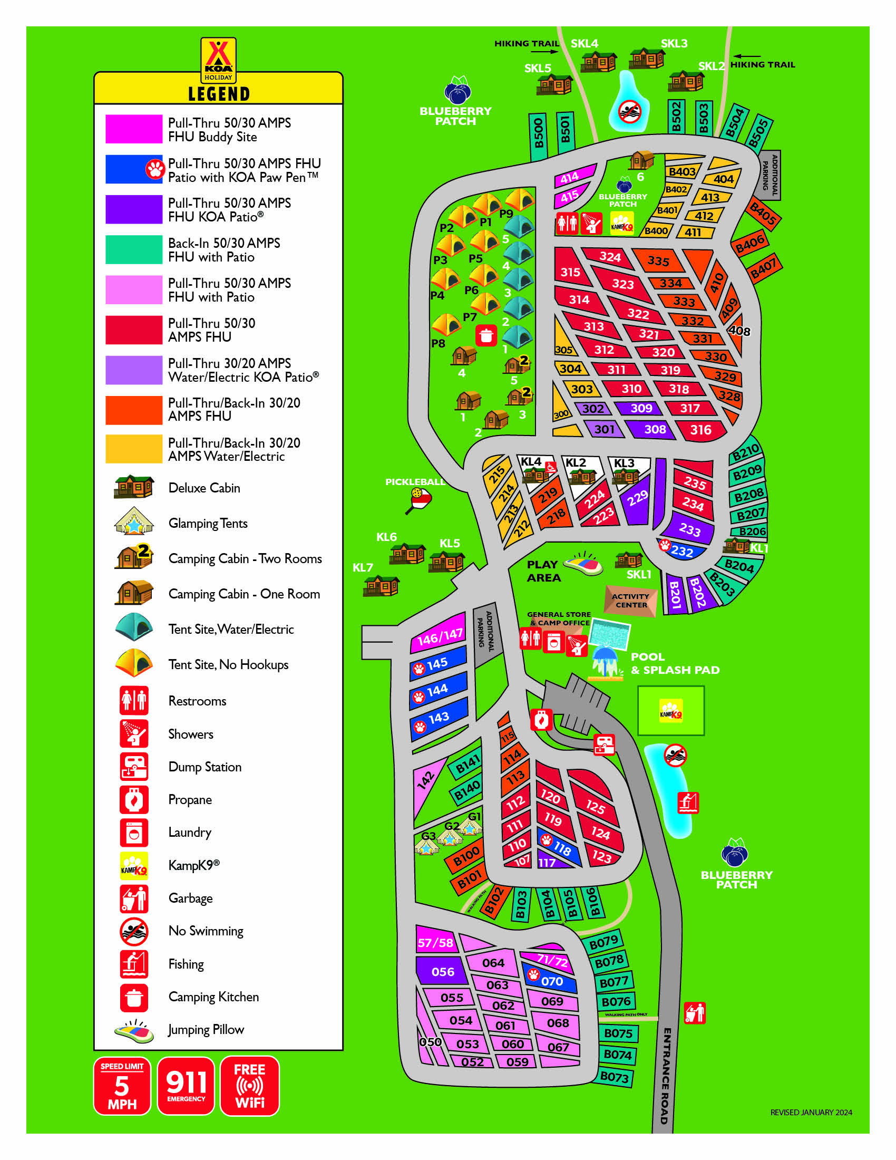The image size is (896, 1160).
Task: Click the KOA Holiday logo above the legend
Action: [x=218, y=60]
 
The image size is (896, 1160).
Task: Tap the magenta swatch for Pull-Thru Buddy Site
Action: [x=133, y=129]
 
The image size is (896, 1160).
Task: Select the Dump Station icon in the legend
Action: [x=134, y=767]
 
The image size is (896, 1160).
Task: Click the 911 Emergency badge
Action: [x=186, y=1086]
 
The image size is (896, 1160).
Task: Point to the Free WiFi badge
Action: [x=249, y=1086]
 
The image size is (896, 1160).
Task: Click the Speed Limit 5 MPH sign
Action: [x=122, y=1086]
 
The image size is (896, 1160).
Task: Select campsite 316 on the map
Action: [x=700, y=430]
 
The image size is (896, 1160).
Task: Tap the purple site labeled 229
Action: [x=637, y=499]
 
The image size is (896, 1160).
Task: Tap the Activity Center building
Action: [x=630, y=601]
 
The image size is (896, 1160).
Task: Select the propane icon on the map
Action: [x=541, y=720]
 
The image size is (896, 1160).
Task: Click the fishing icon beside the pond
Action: [x=688, y=803]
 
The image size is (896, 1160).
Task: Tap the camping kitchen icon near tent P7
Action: [x=486, y=336]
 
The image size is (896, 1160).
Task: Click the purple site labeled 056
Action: [x=442, y=971]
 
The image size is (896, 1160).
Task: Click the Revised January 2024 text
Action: [x=811, y=1112]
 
